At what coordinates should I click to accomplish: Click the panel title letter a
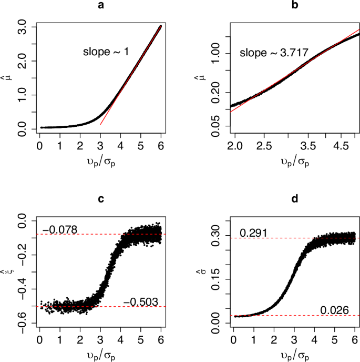coord(100,6)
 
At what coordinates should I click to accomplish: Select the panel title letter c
coord(100,198)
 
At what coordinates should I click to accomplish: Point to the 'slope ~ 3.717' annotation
coord(274,53)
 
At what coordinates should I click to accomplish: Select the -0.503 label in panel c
coord(140,301)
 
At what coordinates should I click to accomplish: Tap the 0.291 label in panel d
coord(252,232)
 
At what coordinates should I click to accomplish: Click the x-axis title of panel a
coord(100,161)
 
